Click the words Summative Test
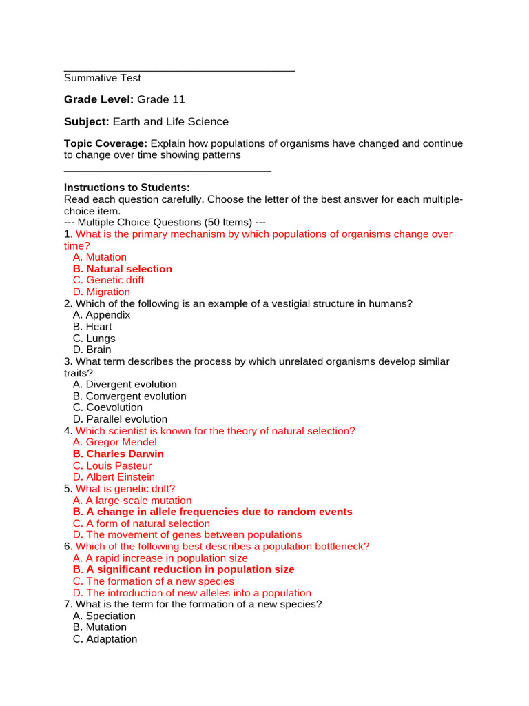(x=103, y=78)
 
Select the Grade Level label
(x=98, y=99)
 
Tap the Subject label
(x=87, y=121)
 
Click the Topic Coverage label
(x=105, y=143)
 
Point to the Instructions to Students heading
(x=127, y=188)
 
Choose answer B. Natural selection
(x=122, y=269)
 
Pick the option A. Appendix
(x=101, y=315)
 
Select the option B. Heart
(x=92, y=327)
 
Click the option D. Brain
(x=92, y=350)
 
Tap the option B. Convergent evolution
(x=129, y=396)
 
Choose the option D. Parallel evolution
(x=120, y=419)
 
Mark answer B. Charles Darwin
(x=118, y=454)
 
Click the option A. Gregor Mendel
(x=114, y=442)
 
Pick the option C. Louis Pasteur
(x=112, y=465)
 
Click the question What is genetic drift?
(x=125, y=489)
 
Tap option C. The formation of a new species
(x=153, y=581)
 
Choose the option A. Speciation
(x=104, y=616)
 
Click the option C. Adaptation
(x=105, y=639)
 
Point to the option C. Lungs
(x=94, y=339)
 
